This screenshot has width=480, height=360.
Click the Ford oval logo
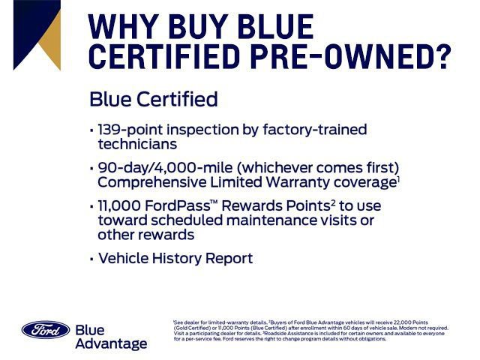tap(46, 329)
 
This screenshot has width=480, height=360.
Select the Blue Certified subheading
tap(153, 99)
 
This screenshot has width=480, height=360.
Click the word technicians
tap(137, 144)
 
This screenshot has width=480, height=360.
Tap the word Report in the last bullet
tap(229, 258)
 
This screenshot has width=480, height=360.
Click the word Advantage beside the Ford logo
tap(111, 343)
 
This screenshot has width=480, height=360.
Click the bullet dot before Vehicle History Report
tap(91, 259)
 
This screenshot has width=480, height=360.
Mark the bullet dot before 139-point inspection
tap(91, 130)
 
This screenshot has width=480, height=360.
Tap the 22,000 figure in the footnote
tap(402, 322)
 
